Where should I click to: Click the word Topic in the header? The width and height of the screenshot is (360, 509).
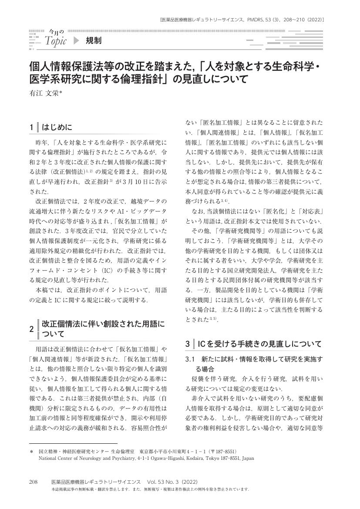tap(56, 42)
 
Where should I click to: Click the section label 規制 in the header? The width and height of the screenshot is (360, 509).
tap(94, 41)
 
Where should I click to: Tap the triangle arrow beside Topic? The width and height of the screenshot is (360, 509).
tap(77, 41)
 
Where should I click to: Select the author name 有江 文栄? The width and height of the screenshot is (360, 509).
tap(45, 93)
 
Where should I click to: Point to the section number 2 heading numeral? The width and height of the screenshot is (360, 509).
tap(31, 329)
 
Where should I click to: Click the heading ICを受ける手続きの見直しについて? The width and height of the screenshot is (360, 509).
tap(260, 344)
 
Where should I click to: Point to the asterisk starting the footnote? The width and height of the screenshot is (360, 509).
tap(31, 452)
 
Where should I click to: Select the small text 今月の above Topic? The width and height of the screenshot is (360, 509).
tap(56, 32)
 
